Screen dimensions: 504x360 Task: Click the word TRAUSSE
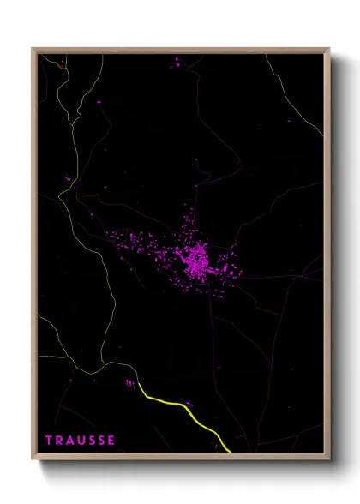80,441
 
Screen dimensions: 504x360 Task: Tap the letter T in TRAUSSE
49,441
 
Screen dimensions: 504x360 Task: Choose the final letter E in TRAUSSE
111,441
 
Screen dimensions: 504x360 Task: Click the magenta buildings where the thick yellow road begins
129,383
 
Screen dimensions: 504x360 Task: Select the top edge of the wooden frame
180,50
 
